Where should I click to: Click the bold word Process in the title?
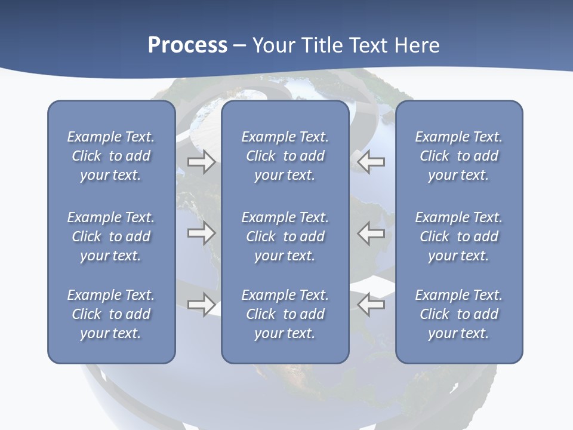pyautogui.click(x=187, y=45)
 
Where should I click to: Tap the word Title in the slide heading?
pyautogui.click(x=322, y=45)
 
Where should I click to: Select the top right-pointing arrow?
pyautogui.click(x=201, y=161)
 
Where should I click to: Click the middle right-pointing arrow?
pyautogui.click(x=201, y=233)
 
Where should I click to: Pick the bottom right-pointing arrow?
pyautogui.click(x=201, y=305)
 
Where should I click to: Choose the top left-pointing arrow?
pyautogui.click(x=371, y=161)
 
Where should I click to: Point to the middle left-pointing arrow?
pyautogui.click(x=371, y=233)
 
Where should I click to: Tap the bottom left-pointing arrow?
pyautogui.click(x=371, y=305)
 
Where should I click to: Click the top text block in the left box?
pyautogui.click(x=111, y=156)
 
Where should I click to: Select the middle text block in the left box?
pyautogui.click(x=111, y=236)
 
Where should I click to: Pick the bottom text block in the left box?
pyautogui.click(x=111, y=314)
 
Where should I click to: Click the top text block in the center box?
pyautogui.click(x=285, y=156)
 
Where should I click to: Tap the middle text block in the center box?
pyautogui.click(x=285, y=236)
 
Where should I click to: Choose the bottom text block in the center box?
pyautogui.click(x=285, y=314)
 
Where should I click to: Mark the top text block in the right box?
pyautogui.click(x=458, y=156)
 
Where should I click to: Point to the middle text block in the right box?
pyautogui.click(x=458, y=236)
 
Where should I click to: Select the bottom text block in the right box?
pyautogui.click(x=458, y=314)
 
